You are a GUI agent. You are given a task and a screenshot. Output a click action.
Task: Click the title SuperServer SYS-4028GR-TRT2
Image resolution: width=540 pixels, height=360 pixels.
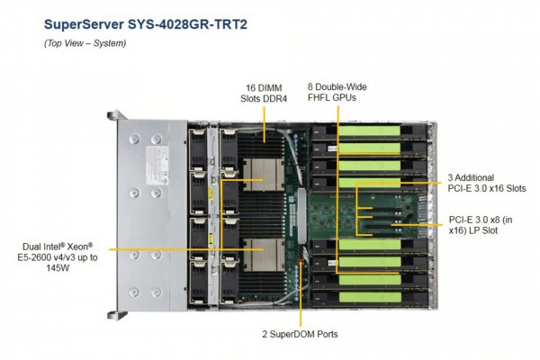146,24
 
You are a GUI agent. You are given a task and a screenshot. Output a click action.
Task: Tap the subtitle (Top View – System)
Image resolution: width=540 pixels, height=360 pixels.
85,43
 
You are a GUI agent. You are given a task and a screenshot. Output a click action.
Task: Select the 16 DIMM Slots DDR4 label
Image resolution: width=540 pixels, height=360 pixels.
264,93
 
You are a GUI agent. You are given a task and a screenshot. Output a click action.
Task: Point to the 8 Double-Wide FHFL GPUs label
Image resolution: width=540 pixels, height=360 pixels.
337,92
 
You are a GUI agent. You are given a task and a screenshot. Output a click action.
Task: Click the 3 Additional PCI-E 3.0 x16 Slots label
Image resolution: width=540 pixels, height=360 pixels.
487,183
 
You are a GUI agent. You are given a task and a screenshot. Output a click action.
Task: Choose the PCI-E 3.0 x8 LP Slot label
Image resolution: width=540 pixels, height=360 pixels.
481,225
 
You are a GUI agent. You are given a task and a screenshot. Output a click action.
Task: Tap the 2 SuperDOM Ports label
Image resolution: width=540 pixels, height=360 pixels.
300,334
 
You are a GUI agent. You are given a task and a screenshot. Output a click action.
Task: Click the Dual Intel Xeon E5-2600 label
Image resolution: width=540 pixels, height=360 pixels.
58,257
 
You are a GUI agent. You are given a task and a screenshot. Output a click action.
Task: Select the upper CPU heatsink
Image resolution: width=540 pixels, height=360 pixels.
264,175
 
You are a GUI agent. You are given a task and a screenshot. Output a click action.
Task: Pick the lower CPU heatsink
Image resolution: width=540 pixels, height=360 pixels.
264,255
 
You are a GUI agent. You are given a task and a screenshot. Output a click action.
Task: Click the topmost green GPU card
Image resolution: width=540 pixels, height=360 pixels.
370,130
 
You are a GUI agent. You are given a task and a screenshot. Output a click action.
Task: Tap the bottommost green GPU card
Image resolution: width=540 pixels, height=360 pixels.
370,297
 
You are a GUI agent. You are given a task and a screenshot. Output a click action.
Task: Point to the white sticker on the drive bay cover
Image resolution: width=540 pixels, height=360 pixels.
157,165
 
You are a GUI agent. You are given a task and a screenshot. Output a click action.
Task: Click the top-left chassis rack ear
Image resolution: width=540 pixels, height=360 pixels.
117,115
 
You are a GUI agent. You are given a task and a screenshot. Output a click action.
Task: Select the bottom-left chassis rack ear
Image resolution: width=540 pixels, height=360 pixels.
117,315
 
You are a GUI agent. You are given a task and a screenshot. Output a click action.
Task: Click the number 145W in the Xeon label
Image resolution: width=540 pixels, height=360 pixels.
58,267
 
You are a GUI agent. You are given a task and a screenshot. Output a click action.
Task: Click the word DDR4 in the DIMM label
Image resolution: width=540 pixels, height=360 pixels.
275,98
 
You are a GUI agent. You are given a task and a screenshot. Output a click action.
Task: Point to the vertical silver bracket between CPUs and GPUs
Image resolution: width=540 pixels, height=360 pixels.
301,214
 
